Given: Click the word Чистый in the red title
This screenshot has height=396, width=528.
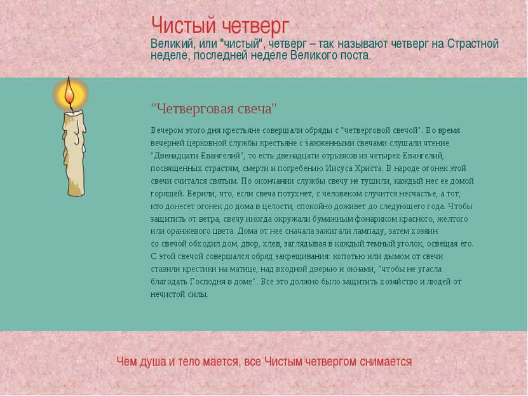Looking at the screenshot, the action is pyautogui.click(x=184, y=26).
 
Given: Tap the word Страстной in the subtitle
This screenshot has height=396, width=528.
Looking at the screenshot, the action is pyautogui.click(x=473, y=44).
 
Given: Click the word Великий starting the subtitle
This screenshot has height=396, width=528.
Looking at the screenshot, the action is pyautogui.click(x=172, y=44).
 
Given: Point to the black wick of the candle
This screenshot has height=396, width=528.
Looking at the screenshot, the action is pyautogui.click(x=71, y=107).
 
